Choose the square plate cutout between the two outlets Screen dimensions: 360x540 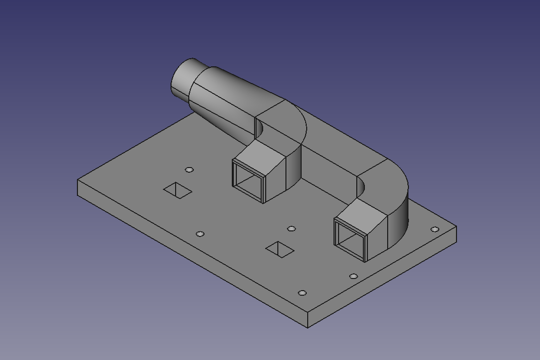tap(280, 249)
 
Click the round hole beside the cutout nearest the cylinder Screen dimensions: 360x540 tap(189, 170)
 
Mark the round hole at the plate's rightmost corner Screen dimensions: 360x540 tap(435, 229)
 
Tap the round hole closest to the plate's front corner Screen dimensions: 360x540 tap(302, 293)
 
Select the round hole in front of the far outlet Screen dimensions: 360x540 tap(354, 276)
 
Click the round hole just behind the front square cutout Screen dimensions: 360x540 tap(292, 229)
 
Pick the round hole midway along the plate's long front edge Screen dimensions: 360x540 tap(200, 234)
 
